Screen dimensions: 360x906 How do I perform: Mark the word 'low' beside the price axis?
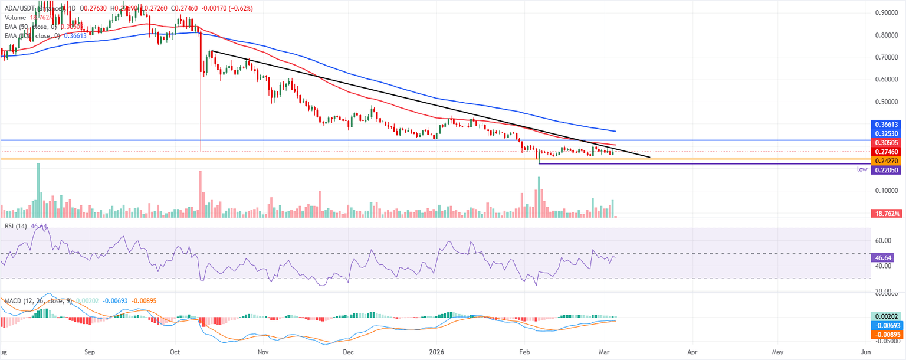tap(862, 169)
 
